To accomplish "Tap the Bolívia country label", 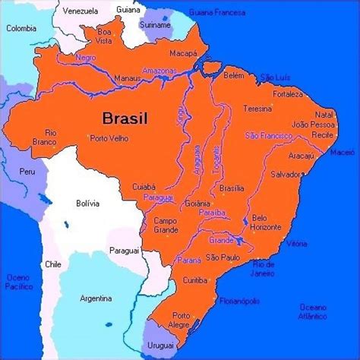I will (89, 203).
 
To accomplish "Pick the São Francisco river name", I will (268, 134).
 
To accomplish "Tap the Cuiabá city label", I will (142, 185).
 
